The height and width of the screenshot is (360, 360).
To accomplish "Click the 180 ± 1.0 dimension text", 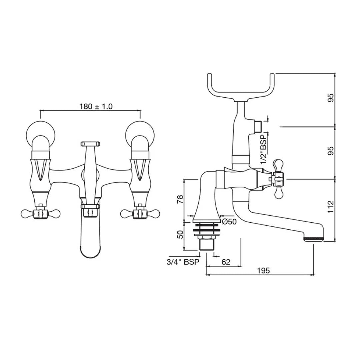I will point(96,107).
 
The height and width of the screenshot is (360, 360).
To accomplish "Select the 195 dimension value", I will point(263,270).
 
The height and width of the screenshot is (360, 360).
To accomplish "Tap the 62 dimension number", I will point(226,262).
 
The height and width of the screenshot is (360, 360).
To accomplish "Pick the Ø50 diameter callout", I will point(229,222).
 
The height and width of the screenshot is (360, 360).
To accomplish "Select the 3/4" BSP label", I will point(183,262).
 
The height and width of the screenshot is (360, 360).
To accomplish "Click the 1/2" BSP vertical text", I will point(264,150).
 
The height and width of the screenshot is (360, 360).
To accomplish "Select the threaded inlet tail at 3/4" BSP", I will point(207,245).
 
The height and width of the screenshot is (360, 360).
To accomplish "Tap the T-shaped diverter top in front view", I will point(90,144).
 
